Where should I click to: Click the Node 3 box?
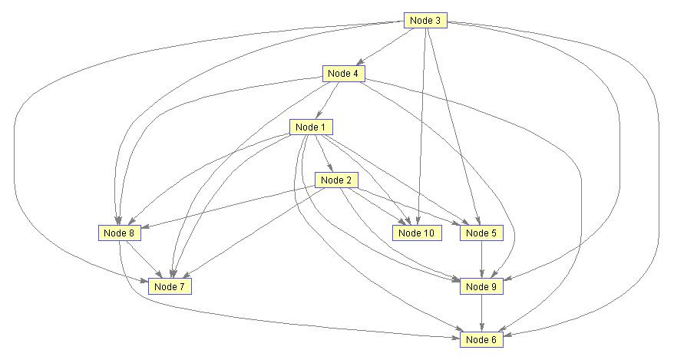coord(425,20)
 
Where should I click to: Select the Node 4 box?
coord(343,74)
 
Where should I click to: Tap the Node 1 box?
coord(311,127)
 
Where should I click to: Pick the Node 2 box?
coord(336,180)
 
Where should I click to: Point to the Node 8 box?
coord(119,233)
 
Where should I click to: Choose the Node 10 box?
coord(417,233)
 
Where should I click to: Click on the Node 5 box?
coord(481,233)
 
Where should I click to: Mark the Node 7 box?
coord(170,286)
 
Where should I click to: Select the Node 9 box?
coord(481,286)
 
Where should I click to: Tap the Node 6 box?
coord(481,340)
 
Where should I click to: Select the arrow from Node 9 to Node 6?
coord(481,313)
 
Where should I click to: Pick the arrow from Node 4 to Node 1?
coord(327,101)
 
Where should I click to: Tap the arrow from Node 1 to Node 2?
coord(323,154)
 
